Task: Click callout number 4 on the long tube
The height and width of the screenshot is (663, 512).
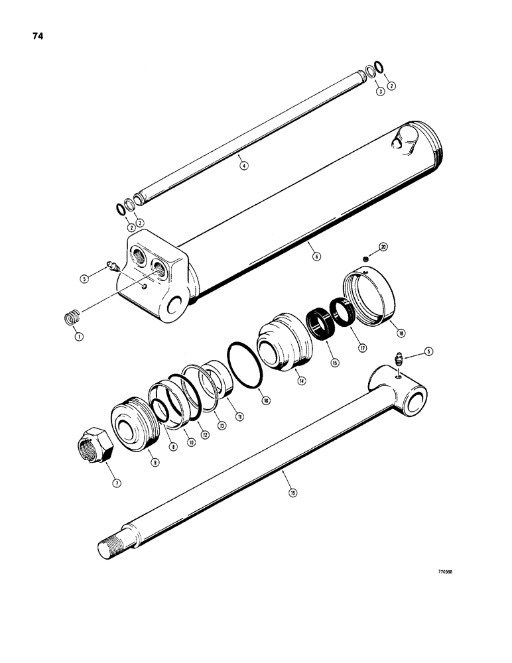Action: [x=243, y=166]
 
